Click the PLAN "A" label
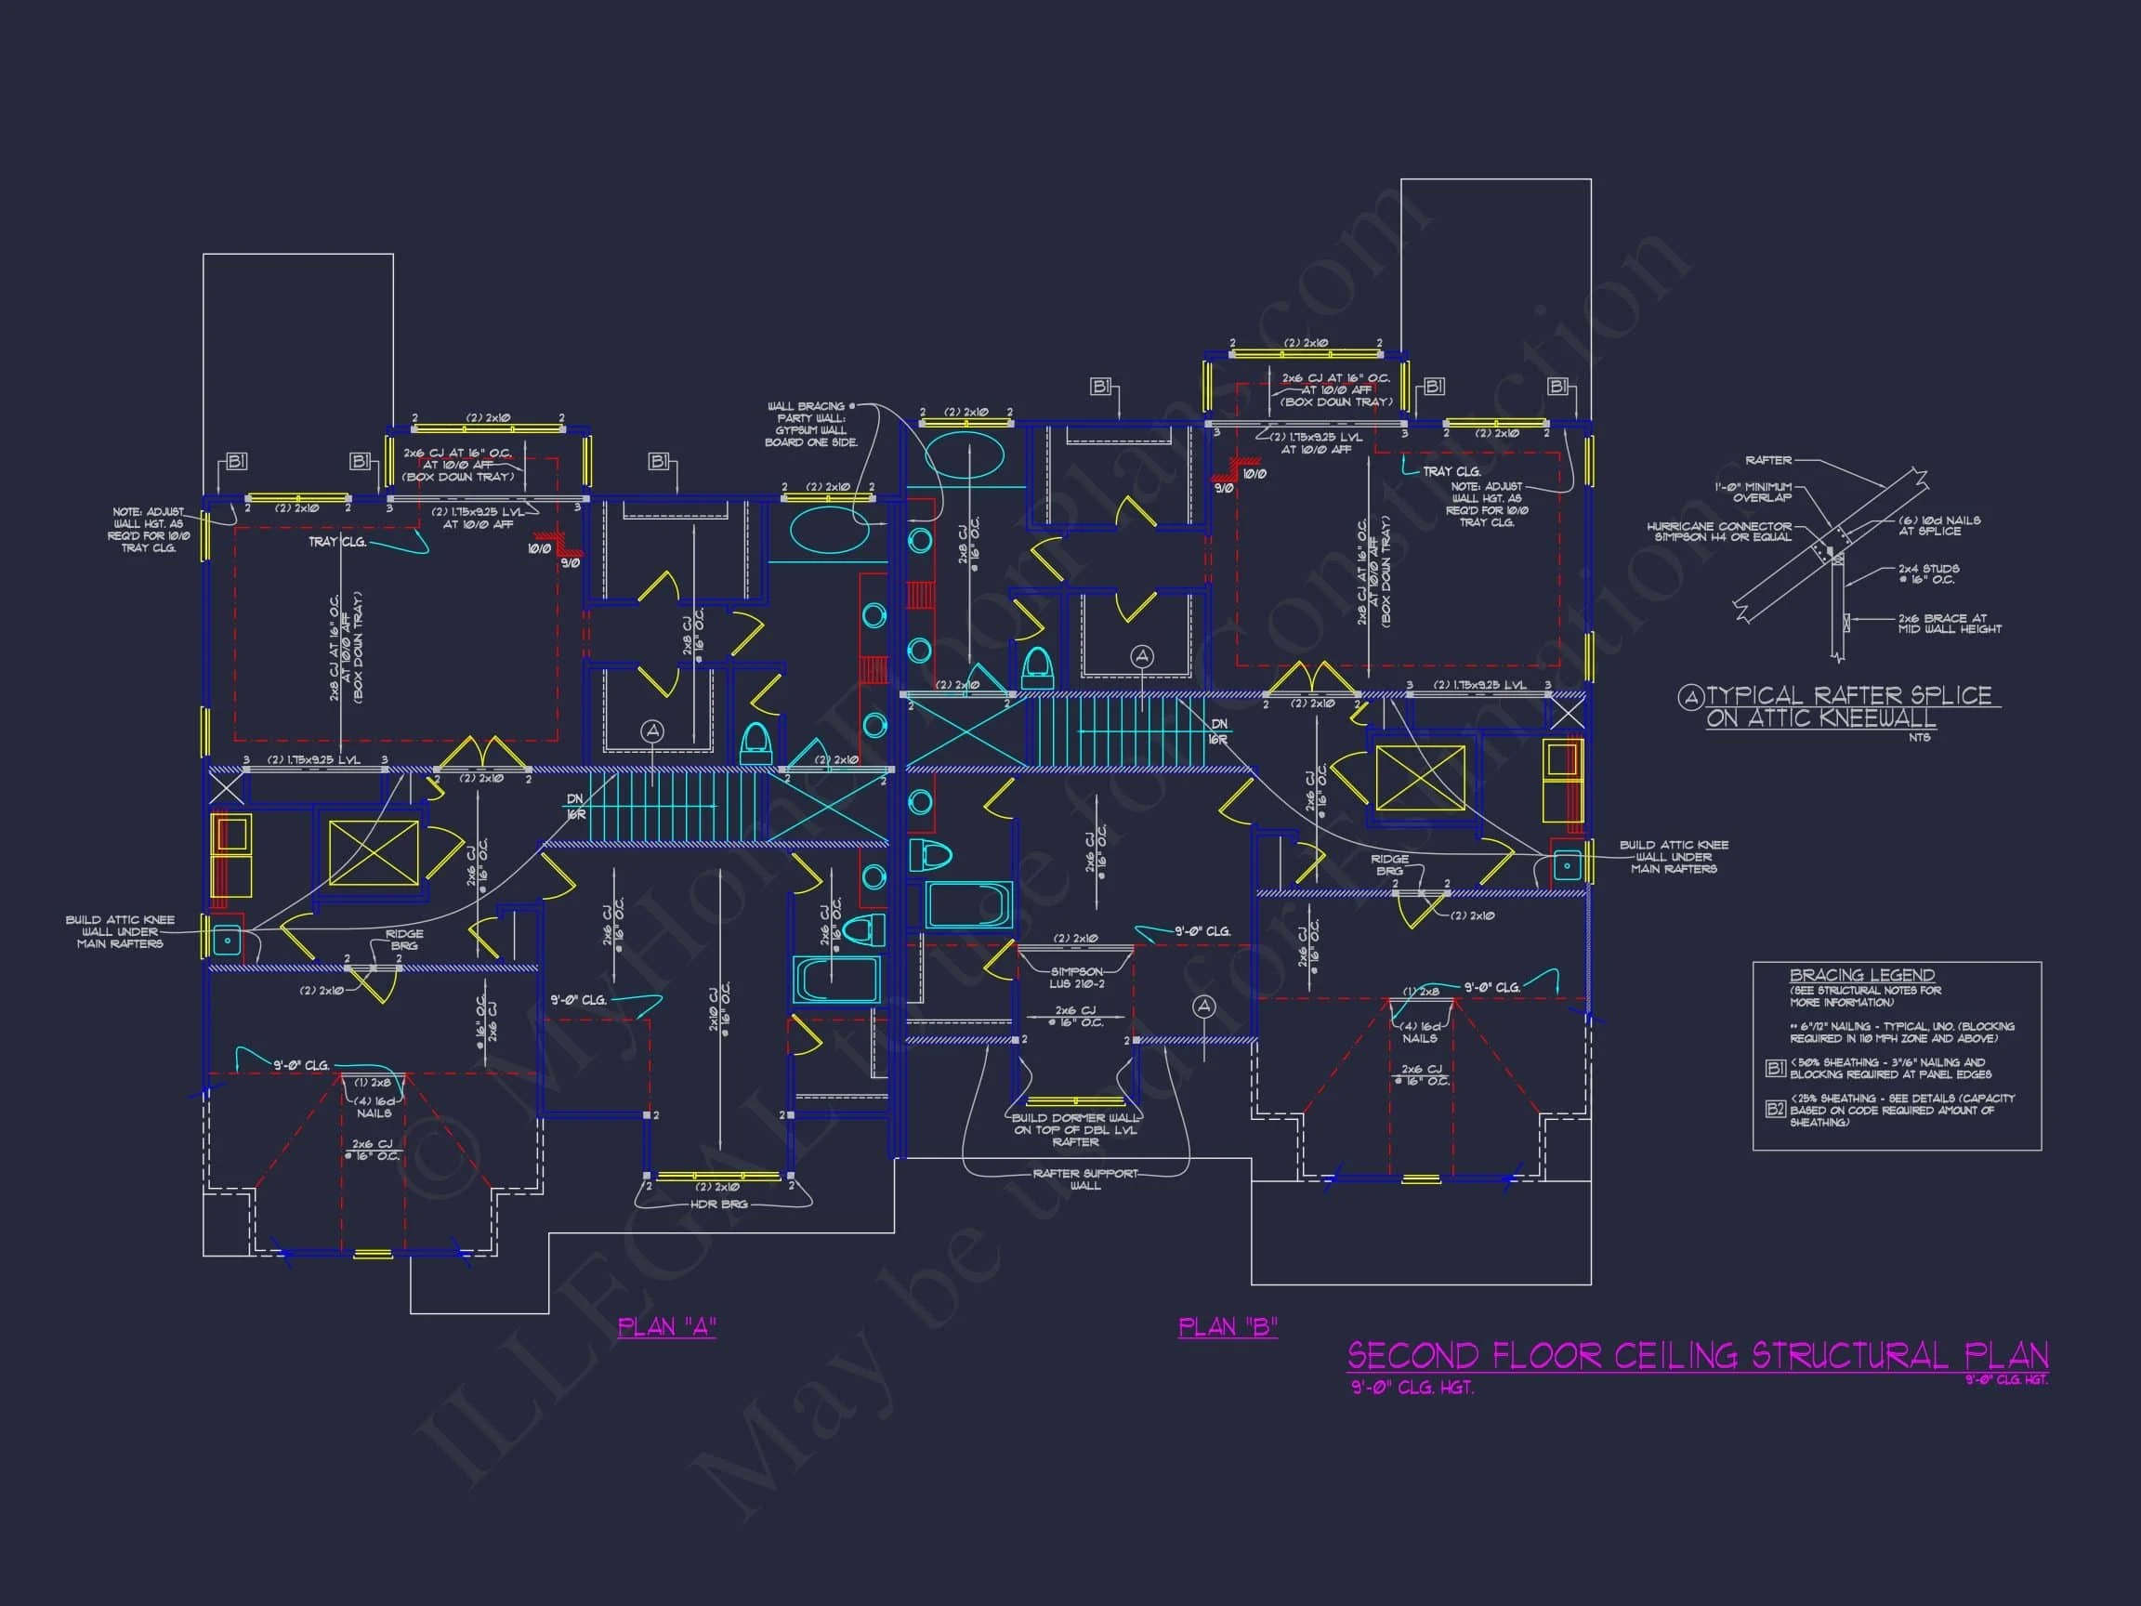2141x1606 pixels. [667, 1326]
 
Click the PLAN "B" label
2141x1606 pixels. [1228, 1326]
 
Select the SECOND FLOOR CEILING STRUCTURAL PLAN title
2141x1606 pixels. [1698, 1356]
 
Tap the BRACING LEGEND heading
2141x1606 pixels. [1861, 975]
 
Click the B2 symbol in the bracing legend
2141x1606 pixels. [1775, 1110]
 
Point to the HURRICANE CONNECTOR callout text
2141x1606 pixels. [1719, 532]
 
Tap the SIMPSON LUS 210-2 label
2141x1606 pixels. [1075, 978]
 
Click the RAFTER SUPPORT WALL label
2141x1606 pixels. [1085, 1179]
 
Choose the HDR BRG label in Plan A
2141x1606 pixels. [719, 1204]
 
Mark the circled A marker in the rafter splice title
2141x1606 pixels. [1690, 697]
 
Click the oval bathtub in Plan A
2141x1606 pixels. [830, 530]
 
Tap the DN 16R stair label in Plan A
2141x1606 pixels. [575, 806]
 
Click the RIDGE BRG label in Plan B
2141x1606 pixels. [1389, 864]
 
